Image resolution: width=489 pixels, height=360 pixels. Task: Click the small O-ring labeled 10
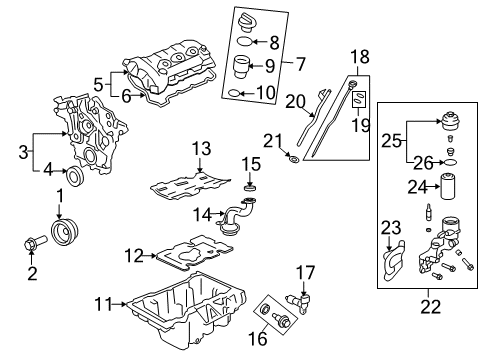(x=232, y=94)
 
